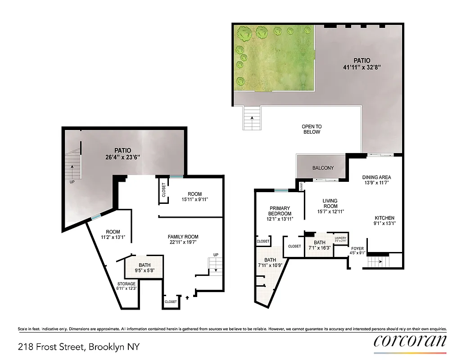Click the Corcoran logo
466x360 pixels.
coord(410,341)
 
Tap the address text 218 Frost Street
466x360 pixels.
coord(79,347)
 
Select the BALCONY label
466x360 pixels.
coord(323,168)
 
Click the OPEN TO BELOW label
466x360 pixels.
coord(311,130)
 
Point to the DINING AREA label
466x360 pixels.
coord(376,177)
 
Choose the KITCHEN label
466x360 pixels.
coord(384,218)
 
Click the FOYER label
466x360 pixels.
coord(357,247)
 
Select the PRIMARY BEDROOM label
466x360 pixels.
coord(280,211)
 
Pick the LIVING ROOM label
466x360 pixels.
coord(330,203)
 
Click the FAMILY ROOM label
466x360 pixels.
coord(183,237)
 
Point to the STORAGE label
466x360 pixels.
coord(127,284)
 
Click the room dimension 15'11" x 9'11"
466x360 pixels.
coord(195,199)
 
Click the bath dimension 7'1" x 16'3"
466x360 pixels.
coord(320,247)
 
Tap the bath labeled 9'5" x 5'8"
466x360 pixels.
coord(145,268)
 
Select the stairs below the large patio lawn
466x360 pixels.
coord(251,118)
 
